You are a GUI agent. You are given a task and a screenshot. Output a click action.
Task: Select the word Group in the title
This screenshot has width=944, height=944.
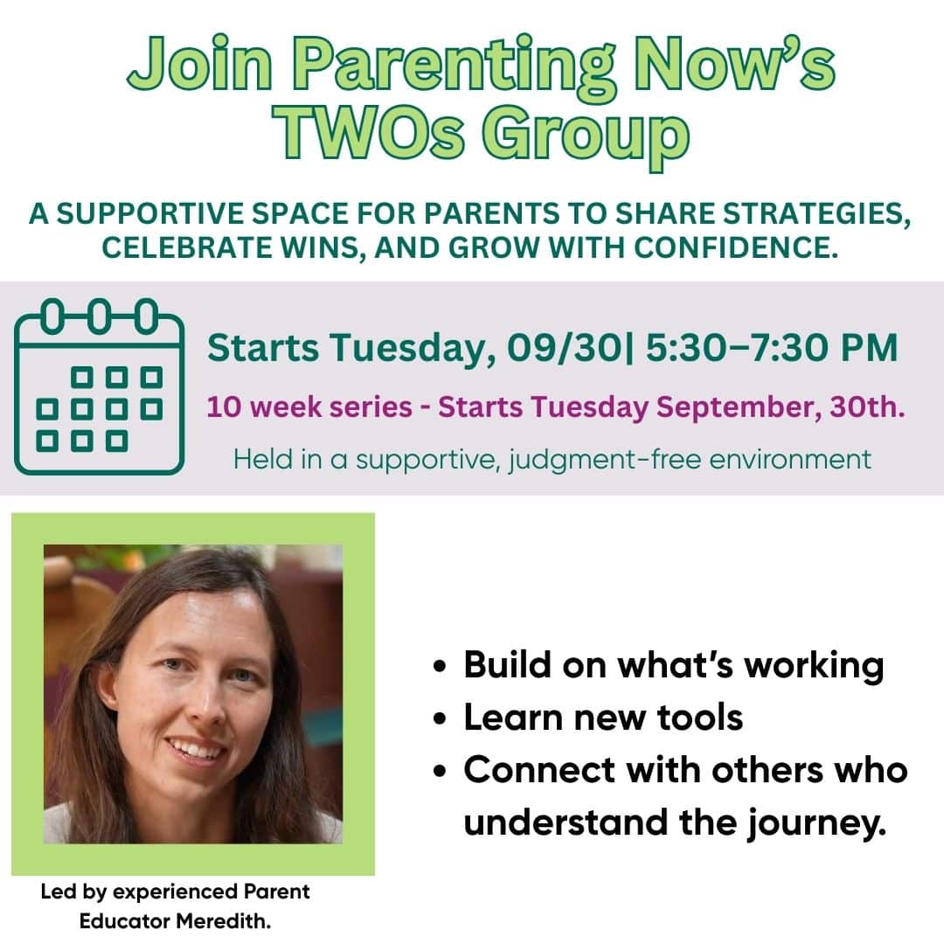[585, 137]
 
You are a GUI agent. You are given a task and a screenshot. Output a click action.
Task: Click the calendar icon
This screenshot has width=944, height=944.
[100, 386]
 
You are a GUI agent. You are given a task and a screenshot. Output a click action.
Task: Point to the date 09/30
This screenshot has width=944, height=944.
[564, 348]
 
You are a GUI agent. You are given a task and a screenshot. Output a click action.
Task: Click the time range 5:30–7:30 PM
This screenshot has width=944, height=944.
[771, 347]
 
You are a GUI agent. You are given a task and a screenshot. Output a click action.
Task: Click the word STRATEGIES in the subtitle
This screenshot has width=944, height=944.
[816, 214]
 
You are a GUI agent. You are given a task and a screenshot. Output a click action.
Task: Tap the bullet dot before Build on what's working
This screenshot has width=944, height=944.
[441, 667]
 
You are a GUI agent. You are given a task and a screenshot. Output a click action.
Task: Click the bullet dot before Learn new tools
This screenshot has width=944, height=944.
[441, 718]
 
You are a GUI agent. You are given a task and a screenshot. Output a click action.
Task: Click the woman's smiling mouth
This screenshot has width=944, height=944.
[198, 750]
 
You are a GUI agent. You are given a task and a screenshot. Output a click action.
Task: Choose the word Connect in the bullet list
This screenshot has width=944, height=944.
[539, 770]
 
